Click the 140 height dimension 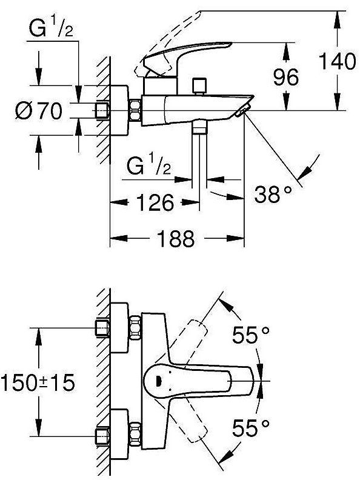(x=338, y=61)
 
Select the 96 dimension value (x=285, y=77)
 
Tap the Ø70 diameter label (x=39, y=111)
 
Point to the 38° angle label (x=273, y=193)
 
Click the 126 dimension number (x=155, y=202)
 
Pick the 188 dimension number (x=175, y=238)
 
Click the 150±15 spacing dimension (x=38, y=382)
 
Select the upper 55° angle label (x=251, y=335)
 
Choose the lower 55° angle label (x=251, y=428)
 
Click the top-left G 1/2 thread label (x=51, y=28)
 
